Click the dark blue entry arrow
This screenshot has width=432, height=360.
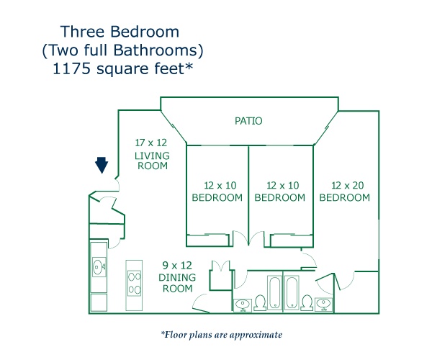[x=102, y=165]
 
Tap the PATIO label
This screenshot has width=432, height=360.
[x=248, y=121]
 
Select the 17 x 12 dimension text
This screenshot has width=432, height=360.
[x=151, y=143]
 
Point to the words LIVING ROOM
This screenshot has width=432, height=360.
[x=152, y=161]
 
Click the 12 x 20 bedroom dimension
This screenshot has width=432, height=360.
[x=348, y=185]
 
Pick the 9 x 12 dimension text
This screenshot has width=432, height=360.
[x=177, y=265]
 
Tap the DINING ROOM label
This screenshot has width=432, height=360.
[x=177, y=283]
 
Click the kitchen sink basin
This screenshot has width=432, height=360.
[x=99, y=266]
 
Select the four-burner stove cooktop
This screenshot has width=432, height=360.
[x=135, y=283]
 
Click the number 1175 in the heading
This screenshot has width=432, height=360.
[x=71, y=68]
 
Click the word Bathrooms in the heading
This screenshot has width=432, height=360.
[x=156, y=50]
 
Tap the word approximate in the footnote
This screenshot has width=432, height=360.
[x=256, y=335]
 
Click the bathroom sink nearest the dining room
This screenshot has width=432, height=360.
[x=243, y=305]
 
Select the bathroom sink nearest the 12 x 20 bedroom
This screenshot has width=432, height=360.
[x=323, y=304]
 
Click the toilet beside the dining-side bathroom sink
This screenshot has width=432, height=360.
[x=260, y=302]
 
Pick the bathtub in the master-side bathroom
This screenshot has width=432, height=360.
[x=292, y=292]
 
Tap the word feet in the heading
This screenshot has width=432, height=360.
[x=169, y=68]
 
